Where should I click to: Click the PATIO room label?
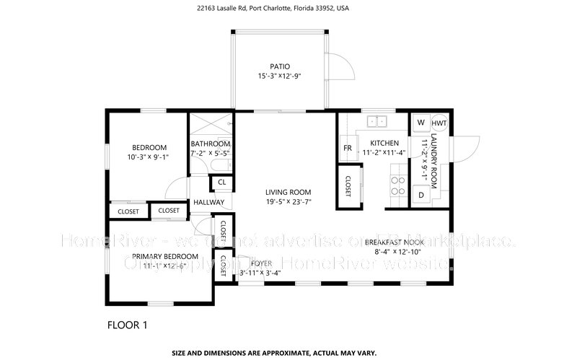click(x=279, y=66)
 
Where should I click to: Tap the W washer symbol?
click(x=420, y=123)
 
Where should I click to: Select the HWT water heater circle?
click(x=439, y=123)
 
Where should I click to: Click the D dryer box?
click(x=420, y=195)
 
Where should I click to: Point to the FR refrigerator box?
click(x=348, y=148)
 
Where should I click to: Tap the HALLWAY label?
click(x=209, y=203)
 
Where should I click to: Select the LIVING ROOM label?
click(x=288, y=192)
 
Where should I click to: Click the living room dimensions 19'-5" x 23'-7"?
click(x=288, y=202)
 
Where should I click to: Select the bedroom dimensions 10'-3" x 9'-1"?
click(x=148, y=157)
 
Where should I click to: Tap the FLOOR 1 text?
click(x=127, y=325)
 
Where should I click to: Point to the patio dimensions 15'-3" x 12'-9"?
click(x=279, y=76)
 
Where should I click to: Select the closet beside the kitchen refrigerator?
click(x=348, y=186)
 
